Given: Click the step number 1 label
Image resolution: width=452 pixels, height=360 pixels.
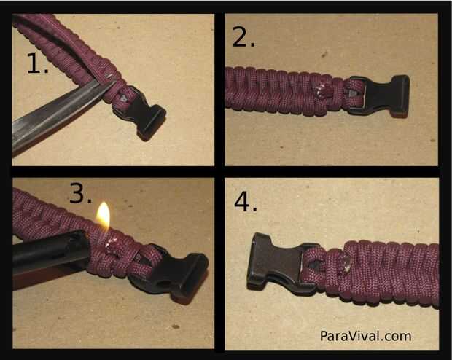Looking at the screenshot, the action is click(x=37, y=63).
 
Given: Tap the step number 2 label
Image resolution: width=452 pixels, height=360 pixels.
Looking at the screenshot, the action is click(x=243, y=36).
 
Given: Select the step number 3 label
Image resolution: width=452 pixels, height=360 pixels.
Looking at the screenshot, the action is click(x=81, y=193).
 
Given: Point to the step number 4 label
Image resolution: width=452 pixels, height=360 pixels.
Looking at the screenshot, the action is click(x=245, y=202).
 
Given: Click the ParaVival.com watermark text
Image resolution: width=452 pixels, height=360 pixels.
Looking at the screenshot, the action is click(x=365, y=336).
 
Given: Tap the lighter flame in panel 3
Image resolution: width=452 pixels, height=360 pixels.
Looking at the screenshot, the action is click(x=104, y=216).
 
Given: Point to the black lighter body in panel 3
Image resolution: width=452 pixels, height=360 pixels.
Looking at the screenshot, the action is click(x=49, y=254).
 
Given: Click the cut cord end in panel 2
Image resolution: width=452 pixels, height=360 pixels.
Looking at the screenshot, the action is click(x=321, y=90).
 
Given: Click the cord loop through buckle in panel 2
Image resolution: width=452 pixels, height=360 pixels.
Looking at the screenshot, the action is click(x=353, y=93).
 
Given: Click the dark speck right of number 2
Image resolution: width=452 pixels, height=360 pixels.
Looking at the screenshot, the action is click(x=324, y=54).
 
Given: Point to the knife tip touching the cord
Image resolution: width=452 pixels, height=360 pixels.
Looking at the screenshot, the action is click(x=114, y=82).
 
